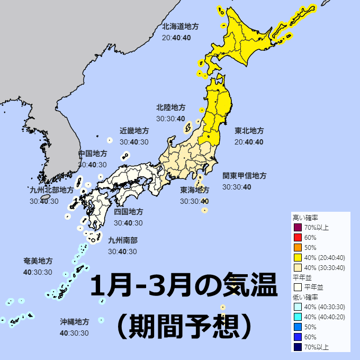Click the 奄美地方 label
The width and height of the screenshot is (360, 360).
(38, 262)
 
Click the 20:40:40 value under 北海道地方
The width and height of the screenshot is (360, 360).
(176, 38)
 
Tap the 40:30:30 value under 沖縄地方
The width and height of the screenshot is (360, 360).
(74, 333)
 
